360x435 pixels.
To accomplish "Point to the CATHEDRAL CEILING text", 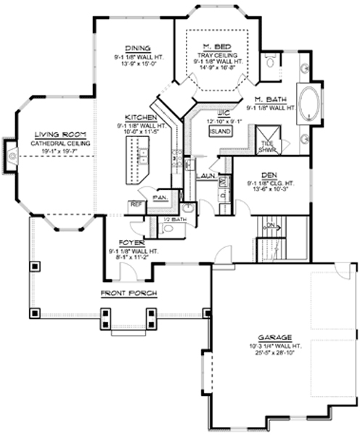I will coord(60,144).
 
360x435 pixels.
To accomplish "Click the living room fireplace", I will coord(10,152).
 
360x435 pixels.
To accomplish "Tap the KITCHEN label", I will coord(138,117).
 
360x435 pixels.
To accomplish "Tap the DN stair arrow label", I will coord(269,225).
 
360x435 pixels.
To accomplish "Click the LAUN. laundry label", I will coord(205,175).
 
